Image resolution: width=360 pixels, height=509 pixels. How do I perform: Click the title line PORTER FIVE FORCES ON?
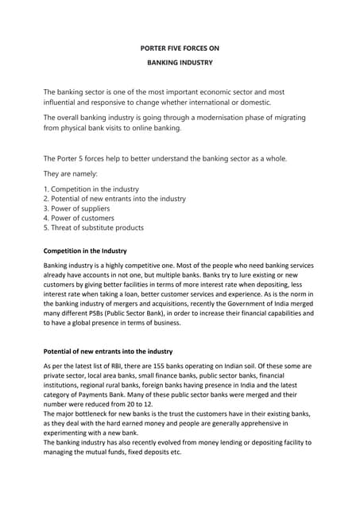click(x=180, y=49)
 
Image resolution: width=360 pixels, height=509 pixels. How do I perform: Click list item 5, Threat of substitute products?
click(x=93, y=227)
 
